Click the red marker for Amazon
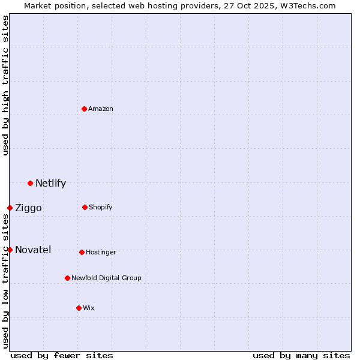84,109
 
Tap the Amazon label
101,109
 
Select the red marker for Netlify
30,183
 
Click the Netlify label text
50,184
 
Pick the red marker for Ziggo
10,208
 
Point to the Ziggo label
28,208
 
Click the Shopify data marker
85,207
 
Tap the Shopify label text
101,208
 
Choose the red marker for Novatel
10,250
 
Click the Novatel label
33,250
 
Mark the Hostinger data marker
82,252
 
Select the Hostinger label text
101,253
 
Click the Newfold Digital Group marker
67,278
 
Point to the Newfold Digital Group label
106,278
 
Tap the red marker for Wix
79,308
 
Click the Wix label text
89,308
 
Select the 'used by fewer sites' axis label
62,356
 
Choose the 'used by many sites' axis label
301,356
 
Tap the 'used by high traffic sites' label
6,85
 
